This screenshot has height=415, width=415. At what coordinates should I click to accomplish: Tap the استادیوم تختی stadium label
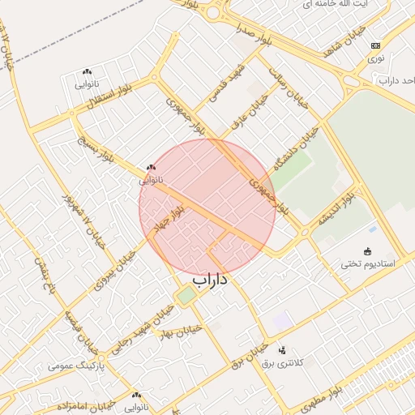coord(367,263)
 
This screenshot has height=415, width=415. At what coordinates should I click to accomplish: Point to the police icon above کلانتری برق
coord(282,350)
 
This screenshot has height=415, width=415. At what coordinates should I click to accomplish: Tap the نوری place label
coord(375,58)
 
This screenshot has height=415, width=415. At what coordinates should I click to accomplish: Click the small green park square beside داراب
coord(186,296)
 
